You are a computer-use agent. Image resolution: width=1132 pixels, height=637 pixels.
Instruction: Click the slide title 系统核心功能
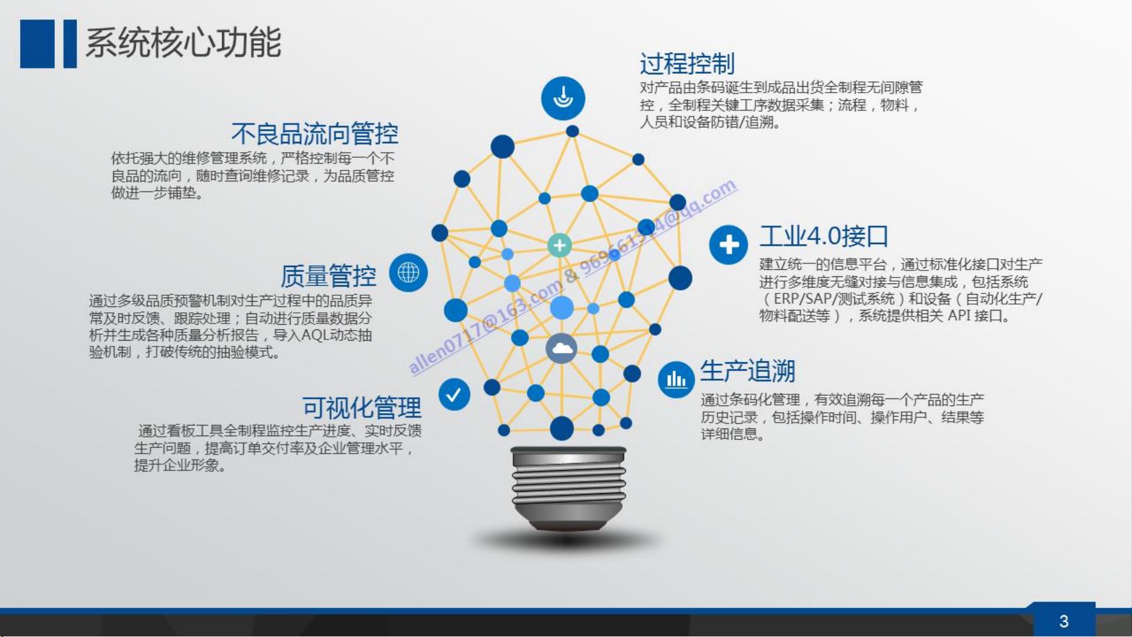[x=183, y=43]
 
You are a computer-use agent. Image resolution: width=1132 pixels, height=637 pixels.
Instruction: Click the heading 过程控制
[x=687, y=64]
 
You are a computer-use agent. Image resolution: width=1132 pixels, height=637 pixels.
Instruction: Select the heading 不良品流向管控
[x=315, y=134]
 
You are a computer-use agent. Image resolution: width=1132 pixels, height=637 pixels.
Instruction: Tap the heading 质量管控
[x=328, y=275]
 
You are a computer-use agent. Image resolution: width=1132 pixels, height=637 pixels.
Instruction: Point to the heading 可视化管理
[x=362, y=407]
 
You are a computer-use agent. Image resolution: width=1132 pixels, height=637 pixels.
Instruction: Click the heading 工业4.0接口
[x=824, y=236]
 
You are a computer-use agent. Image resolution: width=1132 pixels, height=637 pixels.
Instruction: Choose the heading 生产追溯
[x=748, y=371]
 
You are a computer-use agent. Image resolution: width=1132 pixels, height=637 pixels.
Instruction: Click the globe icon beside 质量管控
[x=408, y=272]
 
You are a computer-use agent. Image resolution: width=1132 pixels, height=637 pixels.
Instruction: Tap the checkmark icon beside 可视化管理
[x=454, y=394]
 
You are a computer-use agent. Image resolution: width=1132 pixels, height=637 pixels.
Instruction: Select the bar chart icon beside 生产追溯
[x=676, y=379]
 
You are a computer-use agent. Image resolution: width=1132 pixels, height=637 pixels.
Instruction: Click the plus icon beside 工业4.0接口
[x=729, y=245]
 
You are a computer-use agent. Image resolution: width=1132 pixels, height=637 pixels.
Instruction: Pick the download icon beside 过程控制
[x=563, y=98]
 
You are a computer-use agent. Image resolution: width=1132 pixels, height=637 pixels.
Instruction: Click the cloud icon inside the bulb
[x=562, y=349]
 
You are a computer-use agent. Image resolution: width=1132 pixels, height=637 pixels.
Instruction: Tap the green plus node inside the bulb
[x=560, y=245]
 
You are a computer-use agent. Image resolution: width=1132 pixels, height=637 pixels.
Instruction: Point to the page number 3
[x=1064, y=621]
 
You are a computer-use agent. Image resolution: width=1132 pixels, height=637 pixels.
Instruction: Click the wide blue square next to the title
[x=37, y=44]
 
